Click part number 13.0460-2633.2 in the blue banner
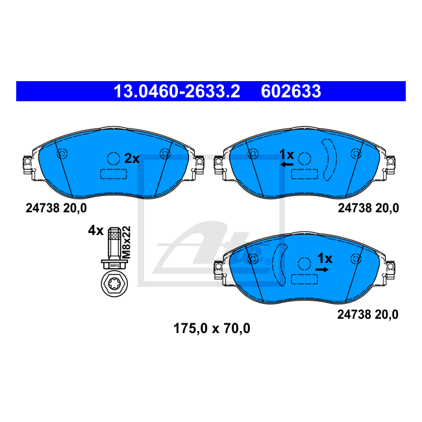pyautogui.click(x=177, y=92)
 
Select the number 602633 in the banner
pyautogui.click(x=291, y=92)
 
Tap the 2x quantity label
pyautogui.click(x=132, y=158)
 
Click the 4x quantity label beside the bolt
pyautogui.click(x=96, y=230)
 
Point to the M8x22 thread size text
pyautogui.click(x=126, y=242)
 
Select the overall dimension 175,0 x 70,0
pyautogui.click(x=212, y=329)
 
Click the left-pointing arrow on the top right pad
pyautogui.click(x=287, y=164)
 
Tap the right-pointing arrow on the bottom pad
pyautogui.click(x=322, y=269)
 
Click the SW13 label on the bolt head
pyautogui.click(x=114, y=266)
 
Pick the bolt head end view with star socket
pyautogui.click(x=114, y=284)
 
